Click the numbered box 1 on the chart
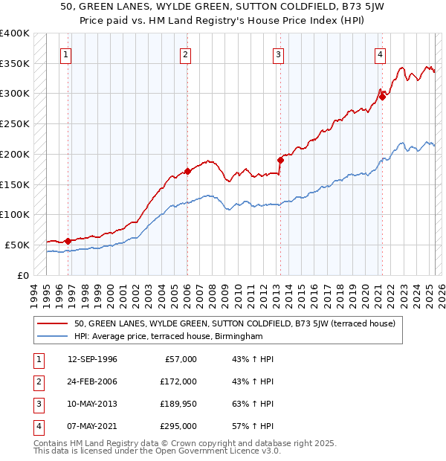(x=66, y=54)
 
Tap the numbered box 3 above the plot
(x=278, y=54)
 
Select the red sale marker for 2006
(x=187, y=171)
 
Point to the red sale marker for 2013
(x=281, y=160)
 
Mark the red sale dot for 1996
(x=68, y=241)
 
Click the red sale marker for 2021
(x=382, y=96)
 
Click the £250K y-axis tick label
(x=15, y=123)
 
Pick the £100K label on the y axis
(x=15, y=214)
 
